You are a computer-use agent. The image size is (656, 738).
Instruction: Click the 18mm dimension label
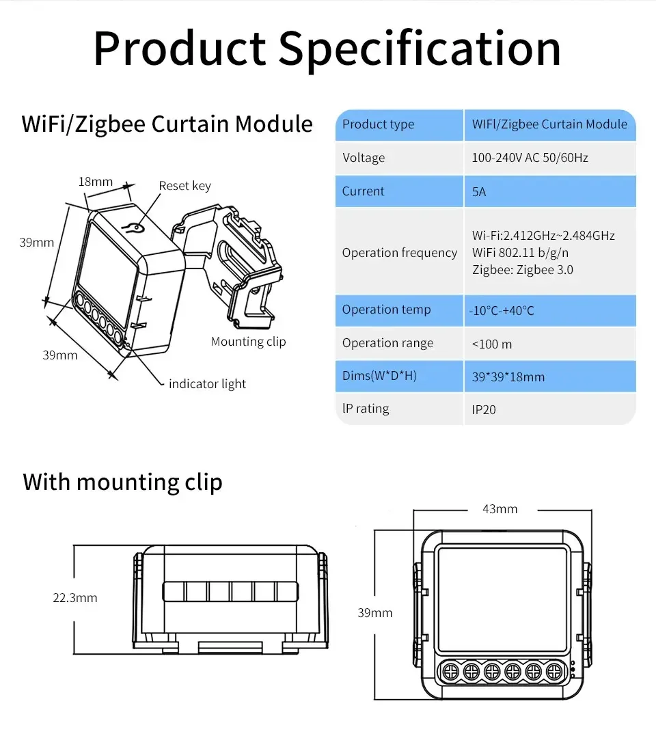click(x=96, y=182)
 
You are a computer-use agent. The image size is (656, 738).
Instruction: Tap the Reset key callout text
click(x=185, y=186)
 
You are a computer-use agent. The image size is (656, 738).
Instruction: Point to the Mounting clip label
click(x=249, y=341)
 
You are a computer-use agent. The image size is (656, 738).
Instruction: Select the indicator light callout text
click(x=207, y=384)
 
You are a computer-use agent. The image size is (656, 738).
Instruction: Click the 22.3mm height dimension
click(x=74, y=598)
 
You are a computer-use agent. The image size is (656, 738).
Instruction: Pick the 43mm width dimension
click(x=500, y=509)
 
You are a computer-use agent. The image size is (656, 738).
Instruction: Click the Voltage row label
click(x=364, y=158)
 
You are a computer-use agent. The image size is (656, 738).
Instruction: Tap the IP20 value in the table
click(x=484, y=409)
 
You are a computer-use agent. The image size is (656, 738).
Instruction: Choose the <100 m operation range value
click(x=492, y=344)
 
